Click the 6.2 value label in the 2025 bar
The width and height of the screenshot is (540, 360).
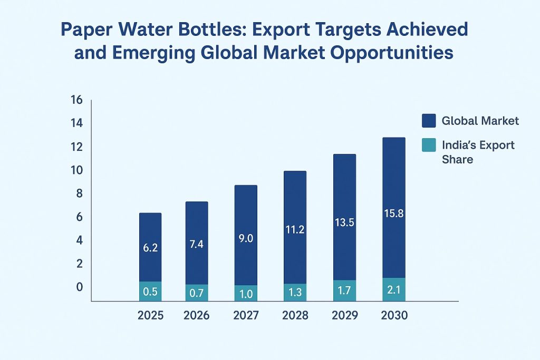coord(150,247)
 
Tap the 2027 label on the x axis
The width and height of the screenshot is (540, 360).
coord(246,316)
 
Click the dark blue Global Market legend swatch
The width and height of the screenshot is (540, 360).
coord(429,121)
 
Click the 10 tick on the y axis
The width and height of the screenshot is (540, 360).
coord(76,170)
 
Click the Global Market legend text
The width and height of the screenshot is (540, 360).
coord(480,121)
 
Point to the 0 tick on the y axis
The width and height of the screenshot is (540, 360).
coord(79,287)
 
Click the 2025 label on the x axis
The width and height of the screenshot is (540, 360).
coord(150,316)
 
